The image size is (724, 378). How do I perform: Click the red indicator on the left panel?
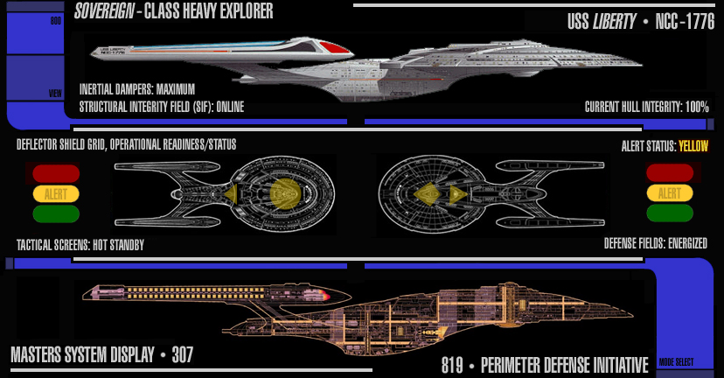point(56,172)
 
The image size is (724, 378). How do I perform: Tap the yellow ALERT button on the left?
point(56,192)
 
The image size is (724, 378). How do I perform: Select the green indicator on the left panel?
point(56,213)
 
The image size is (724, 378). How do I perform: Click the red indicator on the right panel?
point(669,172)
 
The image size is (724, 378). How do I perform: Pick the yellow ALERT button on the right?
point(669,192)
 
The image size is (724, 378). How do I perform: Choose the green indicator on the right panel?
point(669,213)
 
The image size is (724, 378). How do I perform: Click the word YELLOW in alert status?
point(693,147)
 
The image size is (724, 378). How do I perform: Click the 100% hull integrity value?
point(697,107)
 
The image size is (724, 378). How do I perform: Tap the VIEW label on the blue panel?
point(55,93)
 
